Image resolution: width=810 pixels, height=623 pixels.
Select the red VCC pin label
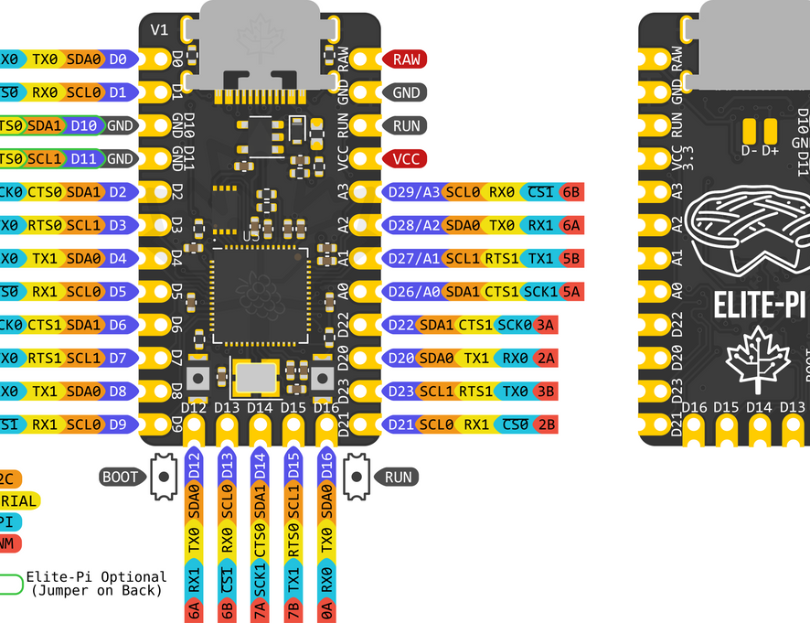click(404, 158)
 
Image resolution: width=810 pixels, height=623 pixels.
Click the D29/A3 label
click(412, 192)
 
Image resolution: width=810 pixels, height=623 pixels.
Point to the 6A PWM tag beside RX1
click(571, 225)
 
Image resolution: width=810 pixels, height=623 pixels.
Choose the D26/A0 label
click(412, 291)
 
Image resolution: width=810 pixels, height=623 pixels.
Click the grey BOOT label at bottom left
click(121, 476)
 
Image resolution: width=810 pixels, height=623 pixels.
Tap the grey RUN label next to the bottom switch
click(399, 476)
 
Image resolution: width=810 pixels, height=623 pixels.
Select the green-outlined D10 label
click(84, 125)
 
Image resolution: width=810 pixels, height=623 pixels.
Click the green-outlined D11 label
click(84, 158)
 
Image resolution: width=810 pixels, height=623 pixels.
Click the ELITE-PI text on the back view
click(760, 306)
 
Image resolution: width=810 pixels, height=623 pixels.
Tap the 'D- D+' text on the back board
click(760, 149)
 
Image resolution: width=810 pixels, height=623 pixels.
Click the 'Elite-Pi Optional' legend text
click(96, 577)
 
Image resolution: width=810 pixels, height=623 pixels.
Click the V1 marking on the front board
click(159, 29)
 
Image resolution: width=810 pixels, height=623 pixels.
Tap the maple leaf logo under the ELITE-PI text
click(757, 358)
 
